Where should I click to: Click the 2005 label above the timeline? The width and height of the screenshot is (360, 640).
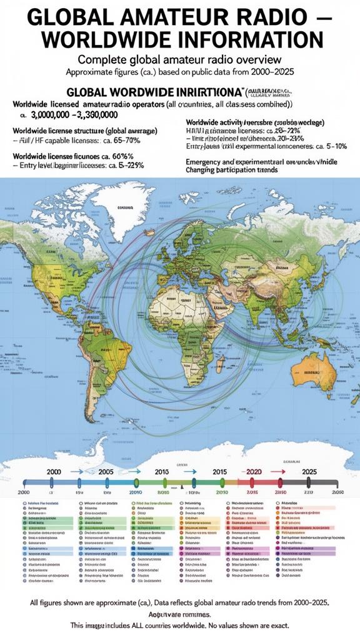[x=106, y=471]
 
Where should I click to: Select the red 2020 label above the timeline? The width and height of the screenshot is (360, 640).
[x=254, y=471]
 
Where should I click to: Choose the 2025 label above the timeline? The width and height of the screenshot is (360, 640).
[x=309, y=471]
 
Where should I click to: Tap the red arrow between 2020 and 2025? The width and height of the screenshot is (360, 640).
[x=281, y=472]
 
